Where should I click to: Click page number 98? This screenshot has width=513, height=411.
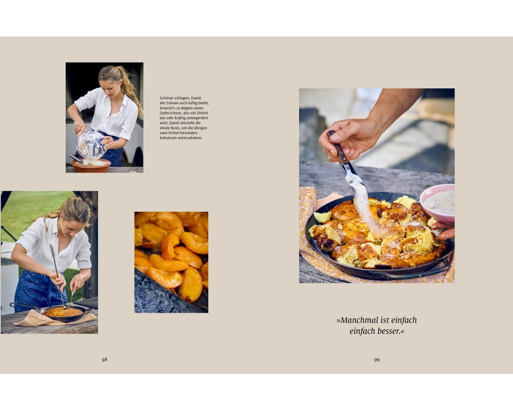point(104,360)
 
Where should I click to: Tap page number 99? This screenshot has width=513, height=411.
point(377,360)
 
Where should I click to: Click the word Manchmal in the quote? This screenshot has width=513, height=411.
point(358,320)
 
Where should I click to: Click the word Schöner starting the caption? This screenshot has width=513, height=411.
point(167,98)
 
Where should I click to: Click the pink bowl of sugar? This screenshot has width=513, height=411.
point(438,203)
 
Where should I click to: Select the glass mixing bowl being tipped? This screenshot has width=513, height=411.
point(91,145)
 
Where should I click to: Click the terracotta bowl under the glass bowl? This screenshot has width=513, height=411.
point(91,166)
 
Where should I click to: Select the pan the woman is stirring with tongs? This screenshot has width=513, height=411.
point(64,313)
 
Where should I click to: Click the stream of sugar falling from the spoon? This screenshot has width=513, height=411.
point(365,207)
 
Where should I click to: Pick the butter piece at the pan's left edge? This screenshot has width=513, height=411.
point(322,217)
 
